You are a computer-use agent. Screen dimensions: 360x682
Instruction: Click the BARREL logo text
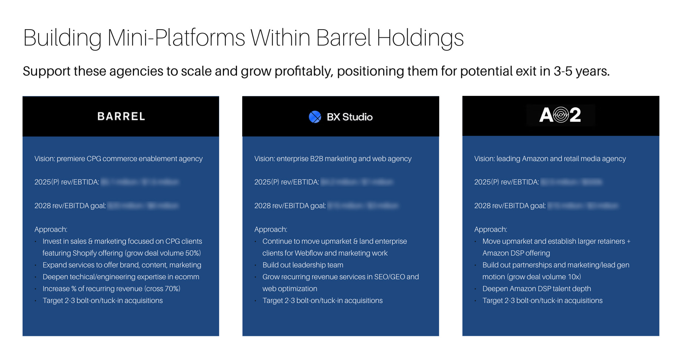click(x=121, y=116)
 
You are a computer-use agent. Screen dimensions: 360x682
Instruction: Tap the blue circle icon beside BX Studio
click(x=315, y=117)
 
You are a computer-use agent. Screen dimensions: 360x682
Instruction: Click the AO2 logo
click(x=560, y=115)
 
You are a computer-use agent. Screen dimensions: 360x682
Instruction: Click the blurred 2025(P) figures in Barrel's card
click(x=140, y=182)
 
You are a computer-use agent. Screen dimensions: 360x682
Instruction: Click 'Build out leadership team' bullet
click(x=302, y=265)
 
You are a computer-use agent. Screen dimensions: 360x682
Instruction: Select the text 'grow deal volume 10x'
click(x=544, y=277)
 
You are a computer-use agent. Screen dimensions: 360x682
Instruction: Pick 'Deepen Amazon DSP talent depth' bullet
click(x=536, y=289)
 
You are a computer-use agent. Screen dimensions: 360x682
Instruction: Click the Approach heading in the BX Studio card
click(x=271, y=229)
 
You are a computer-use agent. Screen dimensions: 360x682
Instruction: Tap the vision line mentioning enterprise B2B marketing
click(x=332, y=159)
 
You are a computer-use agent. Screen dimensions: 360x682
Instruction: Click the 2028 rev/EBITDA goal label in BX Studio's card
click(x=290, y=206)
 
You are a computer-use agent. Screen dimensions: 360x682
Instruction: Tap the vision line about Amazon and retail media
click(x=550, y=159)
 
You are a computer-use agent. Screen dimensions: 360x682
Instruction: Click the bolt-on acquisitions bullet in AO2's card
click(x=542, y=300)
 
